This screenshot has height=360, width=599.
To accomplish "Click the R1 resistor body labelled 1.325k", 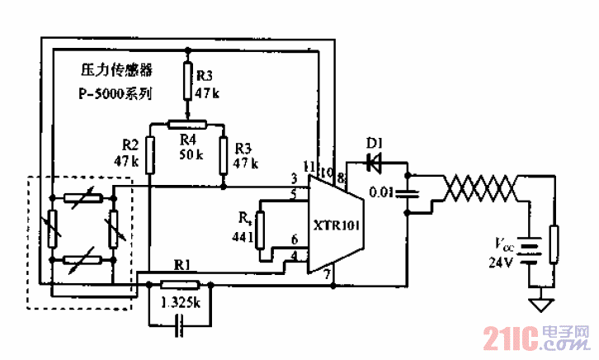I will (180, 285).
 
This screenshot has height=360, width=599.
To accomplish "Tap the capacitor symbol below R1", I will (180, 328).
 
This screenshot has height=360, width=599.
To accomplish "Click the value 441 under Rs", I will (242, 237).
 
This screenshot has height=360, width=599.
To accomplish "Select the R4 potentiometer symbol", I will (186, 124).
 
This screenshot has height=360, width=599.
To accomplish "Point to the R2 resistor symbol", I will (149, 155).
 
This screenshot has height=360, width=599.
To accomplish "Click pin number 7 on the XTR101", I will (327, 273).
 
